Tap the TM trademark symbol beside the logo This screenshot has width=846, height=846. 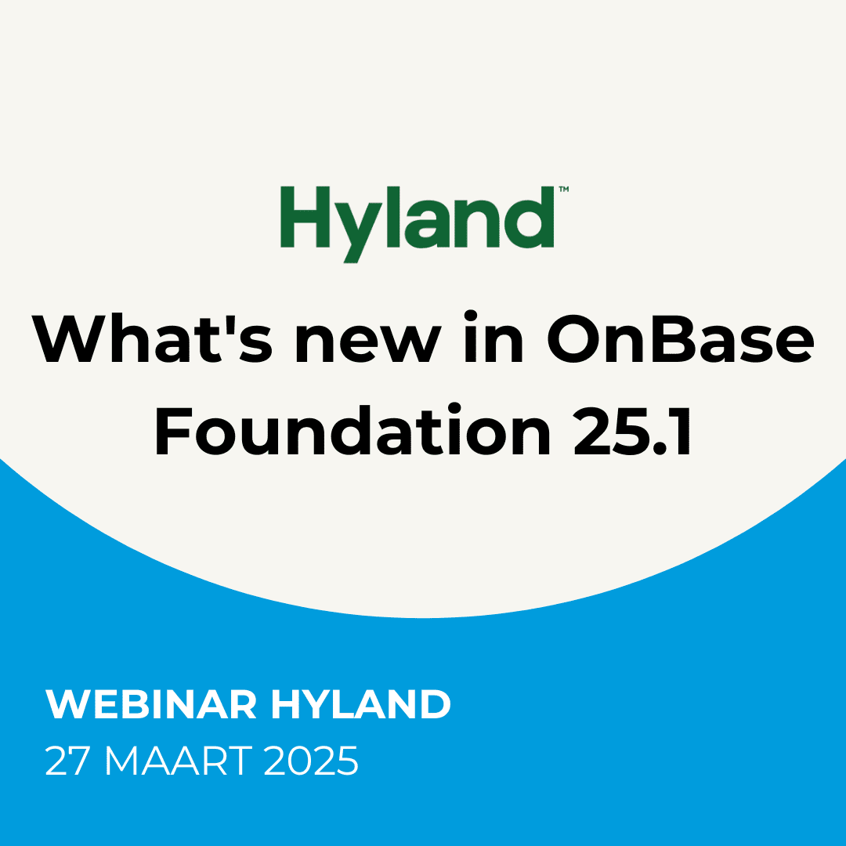563,190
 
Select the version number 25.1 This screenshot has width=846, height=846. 633,432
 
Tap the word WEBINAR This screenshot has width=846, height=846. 151,705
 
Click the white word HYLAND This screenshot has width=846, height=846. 361,705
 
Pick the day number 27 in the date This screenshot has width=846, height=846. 68,761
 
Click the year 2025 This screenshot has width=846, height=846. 310,761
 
